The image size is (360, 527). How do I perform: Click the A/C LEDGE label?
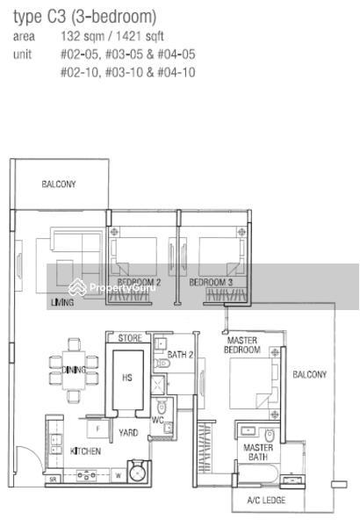click(266, 500)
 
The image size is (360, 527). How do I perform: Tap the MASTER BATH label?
click(258, 452)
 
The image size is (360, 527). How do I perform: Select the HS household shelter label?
click(127, 378)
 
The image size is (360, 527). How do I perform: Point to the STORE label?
click(130, 338)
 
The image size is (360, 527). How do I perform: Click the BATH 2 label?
click(180, 355)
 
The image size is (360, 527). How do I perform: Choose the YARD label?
click(128, 432)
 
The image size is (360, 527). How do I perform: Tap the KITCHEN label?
click(85, 451)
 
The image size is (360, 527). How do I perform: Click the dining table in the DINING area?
click(74, 371)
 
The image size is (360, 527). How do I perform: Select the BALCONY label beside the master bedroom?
click(309, 374)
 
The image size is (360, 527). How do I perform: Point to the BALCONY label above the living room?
click(59, 184)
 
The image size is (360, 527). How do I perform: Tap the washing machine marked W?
click(119, 475)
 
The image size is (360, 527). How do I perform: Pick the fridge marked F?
click(97, 430)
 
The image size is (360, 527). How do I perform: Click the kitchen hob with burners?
click(87, 475)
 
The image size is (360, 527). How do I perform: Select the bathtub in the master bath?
click(258, 474)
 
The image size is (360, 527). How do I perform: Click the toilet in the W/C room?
click(162, 407)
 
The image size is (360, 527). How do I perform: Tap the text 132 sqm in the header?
click(83, 36)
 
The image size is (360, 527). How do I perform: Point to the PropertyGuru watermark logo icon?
click(77, 286)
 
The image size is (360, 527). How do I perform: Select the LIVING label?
click(62, 302)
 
